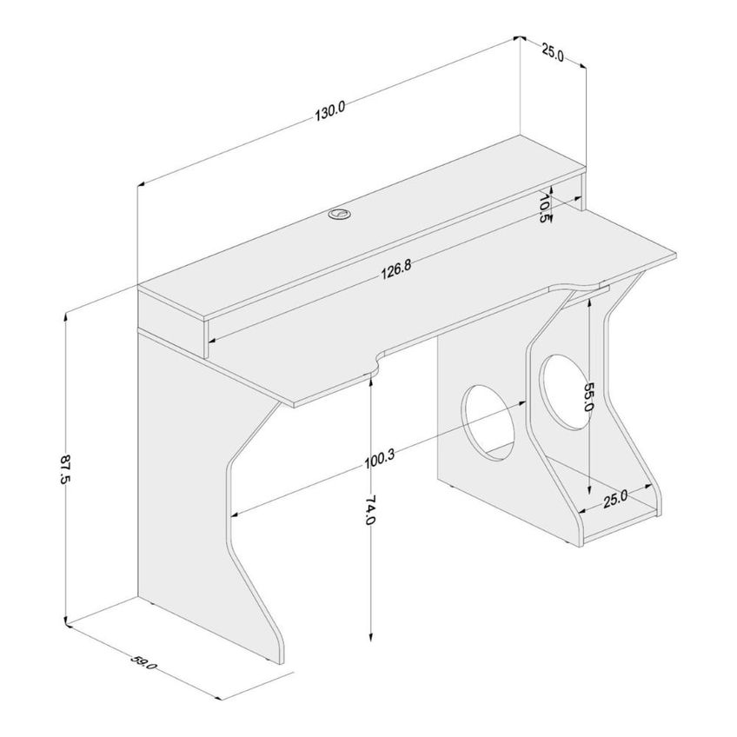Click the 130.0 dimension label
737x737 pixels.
(330, 111)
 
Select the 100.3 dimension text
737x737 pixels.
(379, 460)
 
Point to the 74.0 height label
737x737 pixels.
(371, 509)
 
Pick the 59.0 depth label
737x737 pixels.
(143, 664)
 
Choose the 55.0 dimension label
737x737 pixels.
(589, 396)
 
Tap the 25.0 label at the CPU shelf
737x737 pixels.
(615, 499)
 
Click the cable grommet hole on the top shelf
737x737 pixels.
(339, 215)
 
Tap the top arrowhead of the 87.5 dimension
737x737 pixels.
(67, 315)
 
